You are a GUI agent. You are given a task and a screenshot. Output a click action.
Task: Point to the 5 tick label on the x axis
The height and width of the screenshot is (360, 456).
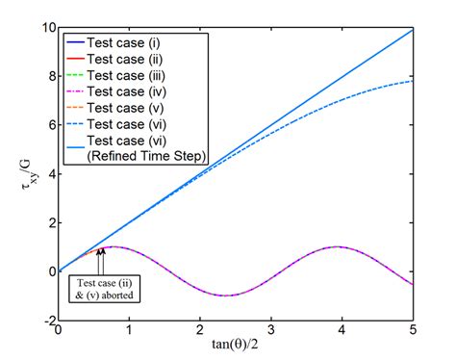(x=414, y=330)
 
